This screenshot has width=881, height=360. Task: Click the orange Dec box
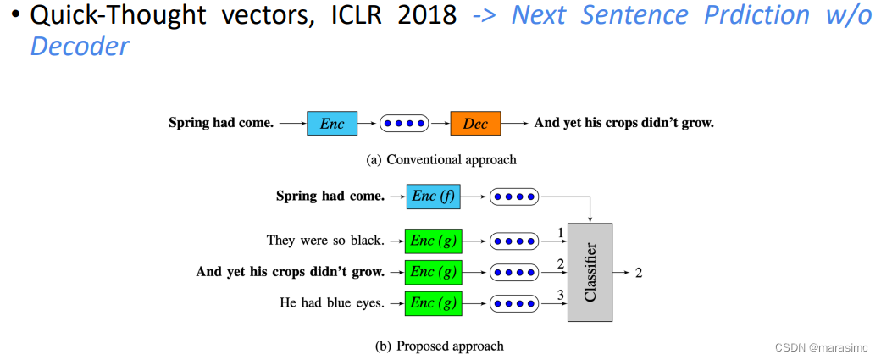point(475,124)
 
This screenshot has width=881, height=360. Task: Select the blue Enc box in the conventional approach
point(332,124)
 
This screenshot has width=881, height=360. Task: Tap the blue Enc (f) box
point(433,197)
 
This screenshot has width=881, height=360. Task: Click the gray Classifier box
point(590,273)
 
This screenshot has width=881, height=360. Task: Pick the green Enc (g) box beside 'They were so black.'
point(433,241)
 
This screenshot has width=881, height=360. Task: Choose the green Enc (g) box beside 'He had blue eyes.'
point(433,302)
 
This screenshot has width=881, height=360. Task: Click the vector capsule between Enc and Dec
point(403,124)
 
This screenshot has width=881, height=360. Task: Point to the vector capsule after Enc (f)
point(514,197)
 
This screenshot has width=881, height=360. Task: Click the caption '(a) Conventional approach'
point(440,159)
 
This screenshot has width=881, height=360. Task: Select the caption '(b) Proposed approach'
point(440,346)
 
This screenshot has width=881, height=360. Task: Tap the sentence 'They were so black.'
point(324,241)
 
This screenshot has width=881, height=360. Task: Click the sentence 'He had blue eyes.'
point(331,302)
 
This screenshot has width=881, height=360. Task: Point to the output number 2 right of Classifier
point(638,273)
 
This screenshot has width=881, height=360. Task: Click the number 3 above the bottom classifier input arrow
point(560,295)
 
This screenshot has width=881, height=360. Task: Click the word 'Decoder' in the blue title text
point(80,46)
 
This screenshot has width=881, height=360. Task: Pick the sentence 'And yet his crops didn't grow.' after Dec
point(623,124)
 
